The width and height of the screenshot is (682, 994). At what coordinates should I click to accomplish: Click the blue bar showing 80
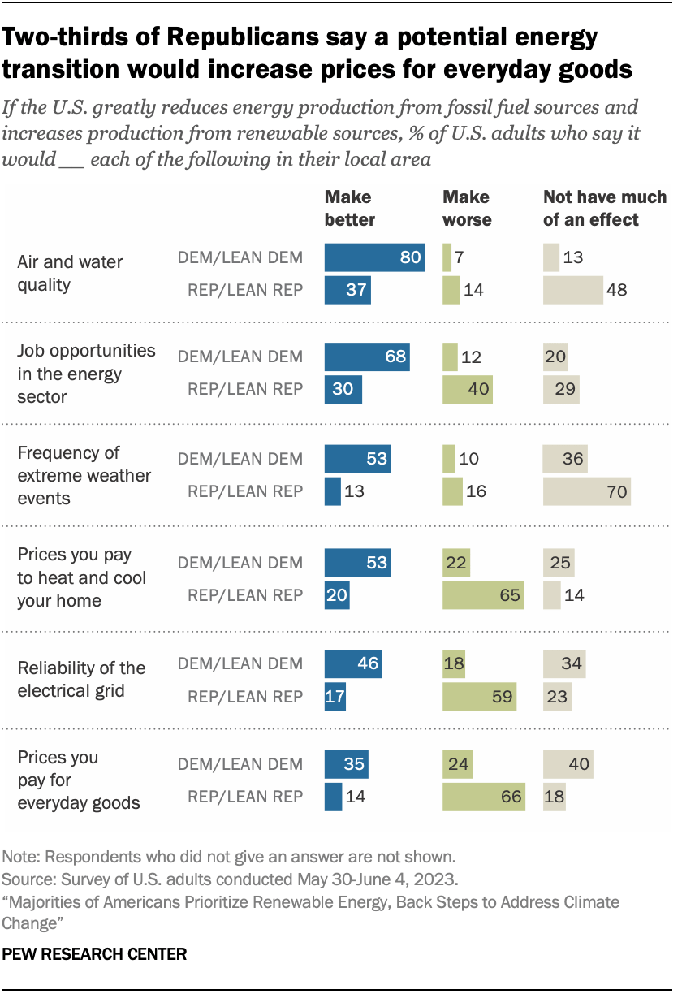pyautogui.click(x=374, y=258)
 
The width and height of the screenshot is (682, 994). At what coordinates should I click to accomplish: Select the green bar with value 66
pyautogui.click(x=484, y=796)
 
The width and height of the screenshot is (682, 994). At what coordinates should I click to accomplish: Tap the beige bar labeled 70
pyautogui.click(x=586, y=491)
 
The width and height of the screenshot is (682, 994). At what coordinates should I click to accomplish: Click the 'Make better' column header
pyautogui.click(x=350, y=208)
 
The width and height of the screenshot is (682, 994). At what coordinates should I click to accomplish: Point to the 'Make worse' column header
pyautogui.click(x=466, y=208)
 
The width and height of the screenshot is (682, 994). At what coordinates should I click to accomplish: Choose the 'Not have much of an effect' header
pyautogui.click(x=604, y=208)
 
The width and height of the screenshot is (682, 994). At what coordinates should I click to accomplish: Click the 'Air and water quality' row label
pyautogui.click(x=70, y=274)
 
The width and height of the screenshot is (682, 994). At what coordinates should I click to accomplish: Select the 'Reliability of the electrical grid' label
pyautogui.click(x=81, y=679)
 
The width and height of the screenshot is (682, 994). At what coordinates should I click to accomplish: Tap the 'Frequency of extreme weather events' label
pyautogui.click(x=84, y=475)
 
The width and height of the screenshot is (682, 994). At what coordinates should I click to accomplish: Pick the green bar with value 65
pyautogui.click(x=483, y=594)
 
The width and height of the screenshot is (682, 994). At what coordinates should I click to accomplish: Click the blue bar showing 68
pyautogui.click(x=367, y=357)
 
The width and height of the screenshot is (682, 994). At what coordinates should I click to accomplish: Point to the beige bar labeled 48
pyautogui.click(x=573, y=289)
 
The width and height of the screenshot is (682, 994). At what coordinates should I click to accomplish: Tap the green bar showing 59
pyautogui.click(x=480, y=696)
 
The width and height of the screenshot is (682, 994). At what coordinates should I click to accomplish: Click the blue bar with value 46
pyautogui.click(x=353, y=663)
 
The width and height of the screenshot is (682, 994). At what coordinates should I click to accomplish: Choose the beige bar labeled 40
pyautogui.click(x=568, y=764)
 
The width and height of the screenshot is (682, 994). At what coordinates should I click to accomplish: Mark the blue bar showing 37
pyautogui.click(x=347, y=289)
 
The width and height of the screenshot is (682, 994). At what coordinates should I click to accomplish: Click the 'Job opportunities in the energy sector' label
pyautogui.click(x=86, y=374)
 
